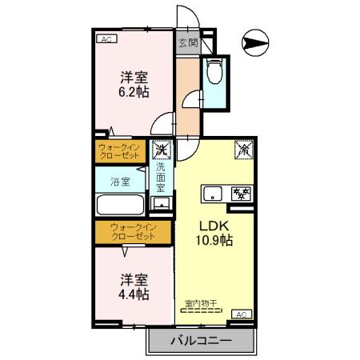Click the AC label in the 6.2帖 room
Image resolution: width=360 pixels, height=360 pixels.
106,38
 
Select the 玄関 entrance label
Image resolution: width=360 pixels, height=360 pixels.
187,42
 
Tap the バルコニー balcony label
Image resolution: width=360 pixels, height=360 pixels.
201,342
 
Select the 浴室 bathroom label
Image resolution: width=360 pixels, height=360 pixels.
120,181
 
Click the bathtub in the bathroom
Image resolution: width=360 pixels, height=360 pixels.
120,205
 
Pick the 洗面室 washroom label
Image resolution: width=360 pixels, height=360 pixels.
161,177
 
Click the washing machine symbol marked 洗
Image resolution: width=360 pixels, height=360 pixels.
161,149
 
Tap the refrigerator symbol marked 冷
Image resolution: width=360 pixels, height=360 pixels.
242,149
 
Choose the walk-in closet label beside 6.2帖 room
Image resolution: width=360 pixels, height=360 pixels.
120,150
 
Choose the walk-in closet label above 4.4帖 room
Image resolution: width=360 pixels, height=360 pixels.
133,232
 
